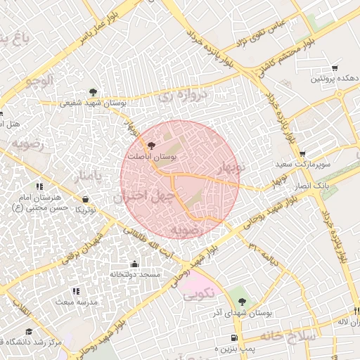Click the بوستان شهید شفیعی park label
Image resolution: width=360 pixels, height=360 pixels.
[x=93, y=103]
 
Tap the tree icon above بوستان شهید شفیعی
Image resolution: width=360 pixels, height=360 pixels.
[x=93, y=91]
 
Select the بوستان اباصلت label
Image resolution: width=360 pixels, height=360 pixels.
[x=151, y=155]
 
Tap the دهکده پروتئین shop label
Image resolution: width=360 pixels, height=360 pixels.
[x=334, y=79]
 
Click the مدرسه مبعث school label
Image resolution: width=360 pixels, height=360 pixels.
[x=72, y=300]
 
